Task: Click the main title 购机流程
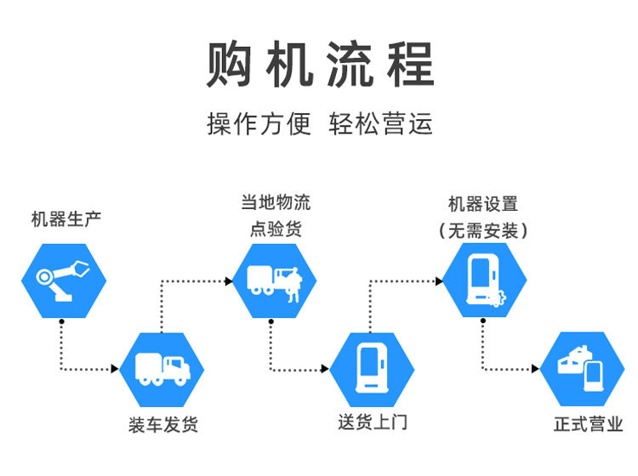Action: (320, 64)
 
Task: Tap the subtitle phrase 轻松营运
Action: (381, 124)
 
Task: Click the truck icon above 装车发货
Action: (162, 368)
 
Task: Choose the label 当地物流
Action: (276, 202)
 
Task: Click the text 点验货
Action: (275, 229)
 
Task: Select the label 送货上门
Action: (372, 422)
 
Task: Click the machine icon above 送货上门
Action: (372, 368)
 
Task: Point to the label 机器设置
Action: (483, 205)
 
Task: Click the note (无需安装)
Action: (483, 230)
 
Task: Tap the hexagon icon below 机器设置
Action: (484, 280)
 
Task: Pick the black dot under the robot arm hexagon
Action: (61, 321)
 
